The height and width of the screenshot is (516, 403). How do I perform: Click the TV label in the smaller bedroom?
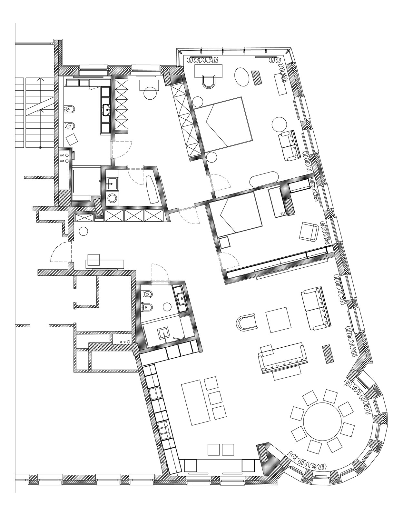point(282,214)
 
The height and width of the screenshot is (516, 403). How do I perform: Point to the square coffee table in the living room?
point(278,320)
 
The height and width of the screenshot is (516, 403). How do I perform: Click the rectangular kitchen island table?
point(196,406)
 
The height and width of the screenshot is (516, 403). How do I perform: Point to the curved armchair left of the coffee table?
point(247,322)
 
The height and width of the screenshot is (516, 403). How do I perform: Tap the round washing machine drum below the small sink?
point(112,198)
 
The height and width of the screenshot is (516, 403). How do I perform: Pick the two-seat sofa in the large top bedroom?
point(290,145)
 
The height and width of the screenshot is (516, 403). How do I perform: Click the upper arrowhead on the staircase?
point(40,79)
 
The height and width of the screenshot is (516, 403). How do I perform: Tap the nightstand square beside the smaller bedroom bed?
point(224,243)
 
